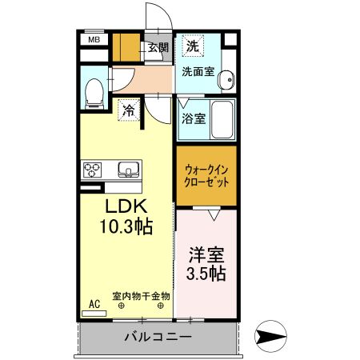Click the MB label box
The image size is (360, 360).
(94, 38)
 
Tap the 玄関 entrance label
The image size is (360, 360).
(158, 48)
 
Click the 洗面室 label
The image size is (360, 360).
(197, 71)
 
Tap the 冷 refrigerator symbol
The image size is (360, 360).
(128, 111)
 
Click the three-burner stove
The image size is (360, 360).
(93, 169)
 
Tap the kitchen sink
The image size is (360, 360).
(129, 169)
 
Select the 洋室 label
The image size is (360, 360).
(206, 256)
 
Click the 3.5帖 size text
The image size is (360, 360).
(206, 274)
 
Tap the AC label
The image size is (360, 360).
(94, 304)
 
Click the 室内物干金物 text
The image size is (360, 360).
(141, 295)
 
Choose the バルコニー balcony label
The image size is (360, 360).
(158, 337)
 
